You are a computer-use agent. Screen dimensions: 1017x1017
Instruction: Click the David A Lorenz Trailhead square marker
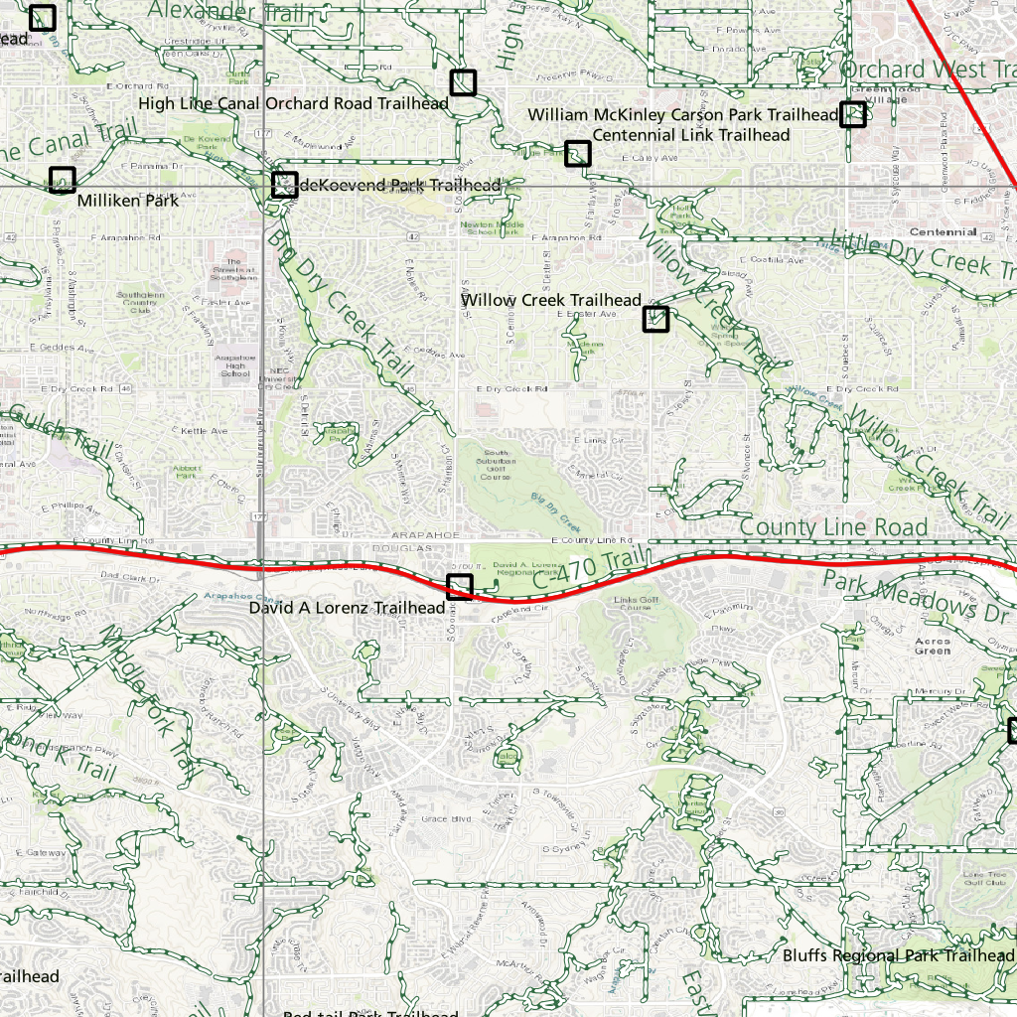coord(459,586)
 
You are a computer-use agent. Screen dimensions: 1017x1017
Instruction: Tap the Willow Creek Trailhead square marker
coord(655,319)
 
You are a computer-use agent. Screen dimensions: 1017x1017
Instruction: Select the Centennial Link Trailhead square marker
coord(578,153)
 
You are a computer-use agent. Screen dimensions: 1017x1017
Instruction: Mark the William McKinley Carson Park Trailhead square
coord(853,114)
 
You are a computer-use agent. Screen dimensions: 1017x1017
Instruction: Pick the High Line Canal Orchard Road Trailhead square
coord(463,82)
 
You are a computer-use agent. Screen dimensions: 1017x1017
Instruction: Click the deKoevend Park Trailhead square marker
coord(285,185)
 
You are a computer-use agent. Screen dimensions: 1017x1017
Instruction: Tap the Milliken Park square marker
coord(63,180)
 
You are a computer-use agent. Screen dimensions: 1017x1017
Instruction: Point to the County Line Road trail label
coord(833,527)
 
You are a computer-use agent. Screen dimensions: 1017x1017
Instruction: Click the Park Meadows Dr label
coord(914,595)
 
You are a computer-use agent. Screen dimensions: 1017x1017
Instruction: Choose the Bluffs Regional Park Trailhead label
coord(898,955)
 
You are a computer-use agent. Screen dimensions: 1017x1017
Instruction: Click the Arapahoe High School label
coord(234,365)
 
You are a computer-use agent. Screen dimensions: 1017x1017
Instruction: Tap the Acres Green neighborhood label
coord(933,646)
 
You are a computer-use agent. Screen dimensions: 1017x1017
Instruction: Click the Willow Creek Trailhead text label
coord(551,300)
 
